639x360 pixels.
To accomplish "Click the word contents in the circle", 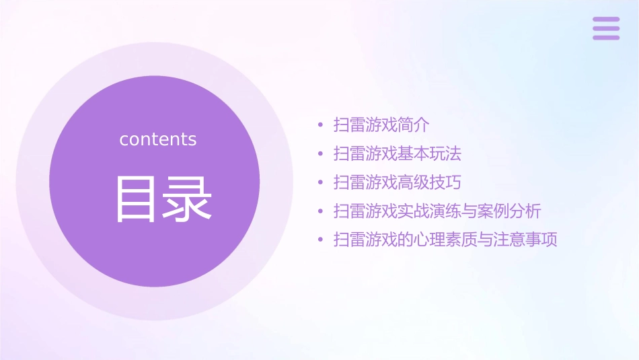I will (158, 139).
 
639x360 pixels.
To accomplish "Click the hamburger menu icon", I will (606, 28).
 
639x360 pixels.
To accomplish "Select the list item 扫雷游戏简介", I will (381, 125).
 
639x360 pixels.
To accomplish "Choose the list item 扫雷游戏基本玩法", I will (398, 153).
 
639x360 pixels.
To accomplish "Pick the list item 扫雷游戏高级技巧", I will (398, 182).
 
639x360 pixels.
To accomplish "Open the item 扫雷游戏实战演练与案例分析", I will (437, 211).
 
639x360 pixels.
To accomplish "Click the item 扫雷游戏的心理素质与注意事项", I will (445, 240).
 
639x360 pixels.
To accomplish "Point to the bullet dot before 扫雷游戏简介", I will (320, 125).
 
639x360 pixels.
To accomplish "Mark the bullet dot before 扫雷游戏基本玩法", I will (320, 154).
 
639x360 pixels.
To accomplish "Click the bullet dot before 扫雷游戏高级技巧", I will (320, 182).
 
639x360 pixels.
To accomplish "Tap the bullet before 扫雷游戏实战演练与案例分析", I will (320, 211).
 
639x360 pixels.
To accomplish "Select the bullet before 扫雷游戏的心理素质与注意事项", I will (320, 240).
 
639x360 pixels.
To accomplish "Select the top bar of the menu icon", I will (606, 20).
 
